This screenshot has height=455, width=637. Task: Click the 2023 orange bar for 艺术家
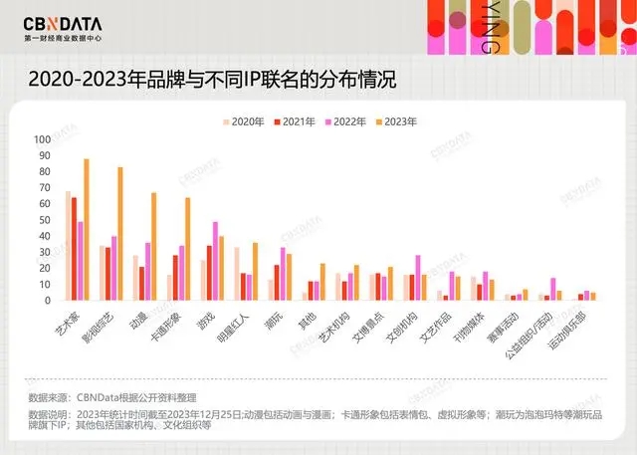(x=87, y=229)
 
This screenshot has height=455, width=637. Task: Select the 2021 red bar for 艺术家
(x=75, y=249)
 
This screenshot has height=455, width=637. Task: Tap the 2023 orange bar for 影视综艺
(x=120, y=233)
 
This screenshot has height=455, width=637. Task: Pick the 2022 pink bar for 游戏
(x=215, y=261)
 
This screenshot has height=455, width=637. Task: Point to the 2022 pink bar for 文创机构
(x=418, y=278)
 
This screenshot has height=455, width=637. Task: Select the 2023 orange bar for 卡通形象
(x=187, y=249)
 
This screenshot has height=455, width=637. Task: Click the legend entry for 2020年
(x=242, y=121)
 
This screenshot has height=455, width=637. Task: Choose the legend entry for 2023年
(x=397, y=121)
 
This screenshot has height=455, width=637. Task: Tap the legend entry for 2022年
(x=345, y=121)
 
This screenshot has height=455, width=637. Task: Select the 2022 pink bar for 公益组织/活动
(x=553, y=289)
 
